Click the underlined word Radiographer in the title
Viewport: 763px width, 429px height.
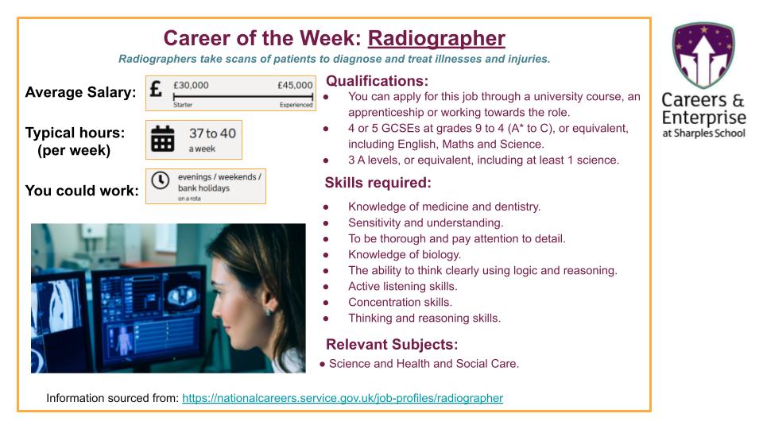coord(436,38)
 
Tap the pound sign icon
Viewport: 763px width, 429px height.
coord(157,89)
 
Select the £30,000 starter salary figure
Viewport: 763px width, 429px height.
coord(191,85)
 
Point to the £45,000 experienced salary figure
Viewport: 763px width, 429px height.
coord(295,85)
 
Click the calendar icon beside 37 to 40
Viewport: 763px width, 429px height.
coord(163,138)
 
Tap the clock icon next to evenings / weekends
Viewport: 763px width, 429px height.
coord(160,180)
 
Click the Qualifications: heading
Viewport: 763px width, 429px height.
coord(377,80)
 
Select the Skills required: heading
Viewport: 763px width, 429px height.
coord(378,183)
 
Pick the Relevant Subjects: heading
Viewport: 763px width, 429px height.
coord(391,344)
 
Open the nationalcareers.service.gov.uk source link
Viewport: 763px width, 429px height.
coord(342,397)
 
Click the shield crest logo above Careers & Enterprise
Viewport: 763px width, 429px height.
coord(703,55)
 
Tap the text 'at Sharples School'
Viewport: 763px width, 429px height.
coord(703,133)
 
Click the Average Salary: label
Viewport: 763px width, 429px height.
coord(80,92)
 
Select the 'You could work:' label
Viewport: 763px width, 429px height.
coord(81,191)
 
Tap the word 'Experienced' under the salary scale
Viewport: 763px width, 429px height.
coord(296,105)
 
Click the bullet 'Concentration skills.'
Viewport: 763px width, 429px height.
coord(400,302)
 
